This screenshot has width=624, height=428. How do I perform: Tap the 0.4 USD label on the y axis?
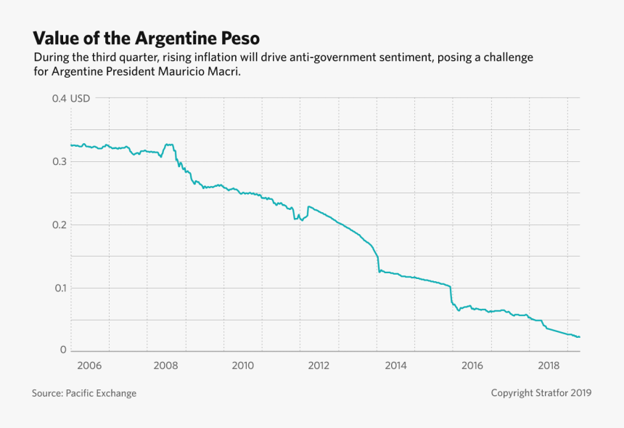(70, 98)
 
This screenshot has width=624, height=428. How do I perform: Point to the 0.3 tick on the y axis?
(59, 161)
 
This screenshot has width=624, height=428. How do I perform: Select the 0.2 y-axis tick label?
(59, 225)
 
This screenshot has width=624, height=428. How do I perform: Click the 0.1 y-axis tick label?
(59, 288)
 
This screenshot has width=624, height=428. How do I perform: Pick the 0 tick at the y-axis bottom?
(63, 350)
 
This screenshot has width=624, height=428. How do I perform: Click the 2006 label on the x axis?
(89, 365)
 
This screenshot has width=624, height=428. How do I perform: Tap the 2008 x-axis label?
(166, 365)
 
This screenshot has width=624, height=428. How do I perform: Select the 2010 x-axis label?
(242, 365)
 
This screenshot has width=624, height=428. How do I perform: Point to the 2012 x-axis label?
(319, 365)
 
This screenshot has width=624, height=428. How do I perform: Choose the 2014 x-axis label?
(395, 365)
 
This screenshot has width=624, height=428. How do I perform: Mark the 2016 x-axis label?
(472, 365)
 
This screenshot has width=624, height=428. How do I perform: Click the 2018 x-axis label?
(549, 365)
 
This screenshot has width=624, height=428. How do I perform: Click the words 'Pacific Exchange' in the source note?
(101, 393)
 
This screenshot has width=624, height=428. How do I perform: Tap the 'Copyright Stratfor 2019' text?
(541, 393)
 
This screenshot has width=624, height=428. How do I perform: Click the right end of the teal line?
(580, 336)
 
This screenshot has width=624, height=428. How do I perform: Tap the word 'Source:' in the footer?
(47, 393)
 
